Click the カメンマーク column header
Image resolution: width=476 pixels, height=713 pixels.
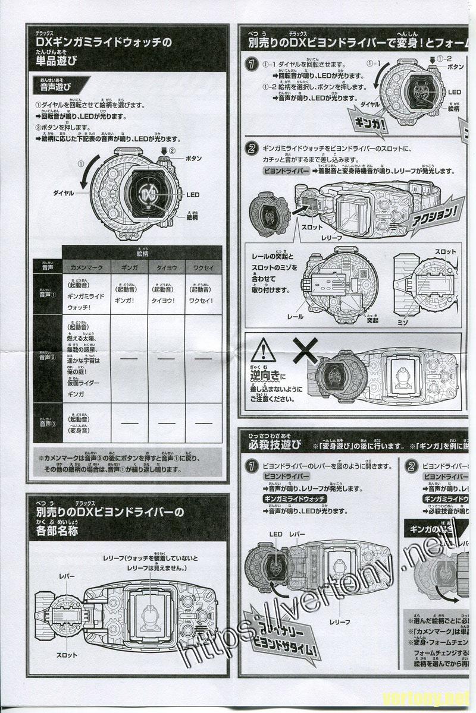87,268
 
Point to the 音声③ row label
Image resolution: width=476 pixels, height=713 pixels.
47,424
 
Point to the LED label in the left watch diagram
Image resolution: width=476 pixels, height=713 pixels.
192,194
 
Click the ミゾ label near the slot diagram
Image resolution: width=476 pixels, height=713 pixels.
401,321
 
